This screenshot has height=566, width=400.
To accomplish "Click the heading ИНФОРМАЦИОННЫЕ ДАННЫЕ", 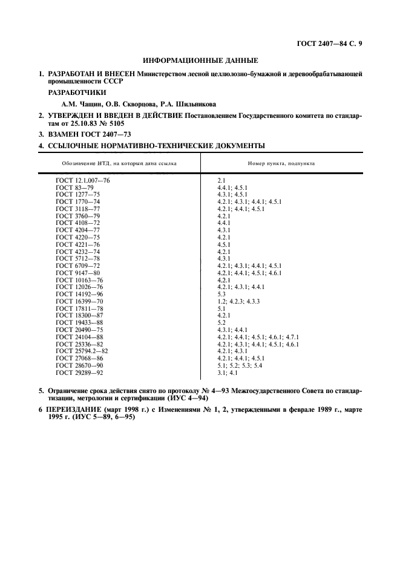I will pos(200,60).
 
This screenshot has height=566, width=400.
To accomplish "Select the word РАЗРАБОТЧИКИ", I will pos(77,93).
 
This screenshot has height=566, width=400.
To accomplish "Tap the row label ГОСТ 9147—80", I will pos(77,272).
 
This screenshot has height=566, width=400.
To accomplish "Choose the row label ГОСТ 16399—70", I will pos(79,301).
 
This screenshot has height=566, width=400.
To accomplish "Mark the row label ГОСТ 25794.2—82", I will pos(82,350).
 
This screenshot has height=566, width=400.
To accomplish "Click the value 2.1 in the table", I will pos(221,181).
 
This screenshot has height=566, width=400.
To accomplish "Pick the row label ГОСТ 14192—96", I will pos(79,293).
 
